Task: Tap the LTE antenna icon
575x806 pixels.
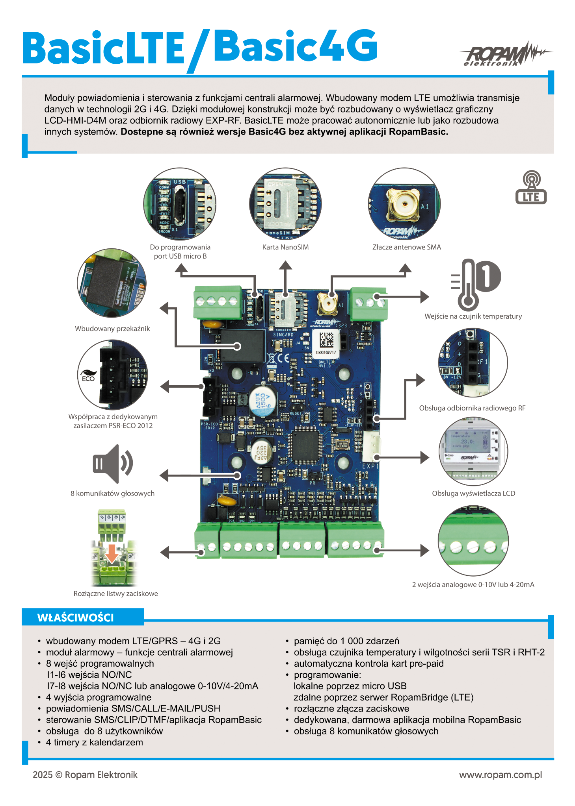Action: [531, 187]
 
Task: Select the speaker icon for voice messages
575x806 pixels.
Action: [112, 464]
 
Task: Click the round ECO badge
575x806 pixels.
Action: [88, 375]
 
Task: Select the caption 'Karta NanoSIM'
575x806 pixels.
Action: [285, 247]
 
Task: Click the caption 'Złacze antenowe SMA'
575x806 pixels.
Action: [406, 247]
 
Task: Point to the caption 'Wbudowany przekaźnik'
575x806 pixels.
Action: [112, 329]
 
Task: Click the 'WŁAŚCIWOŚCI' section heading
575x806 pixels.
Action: [76, 617]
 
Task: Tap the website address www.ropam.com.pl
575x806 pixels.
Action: [500, 775]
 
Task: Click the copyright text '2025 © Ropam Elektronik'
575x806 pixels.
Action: [85, 775]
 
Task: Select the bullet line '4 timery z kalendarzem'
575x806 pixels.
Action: [94, 742]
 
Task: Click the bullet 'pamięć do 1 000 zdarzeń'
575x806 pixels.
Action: [346, 641]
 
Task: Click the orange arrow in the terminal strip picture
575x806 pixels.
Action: [112, 553]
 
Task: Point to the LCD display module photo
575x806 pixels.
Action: [473, 451]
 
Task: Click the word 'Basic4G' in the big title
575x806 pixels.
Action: [295, 46]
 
